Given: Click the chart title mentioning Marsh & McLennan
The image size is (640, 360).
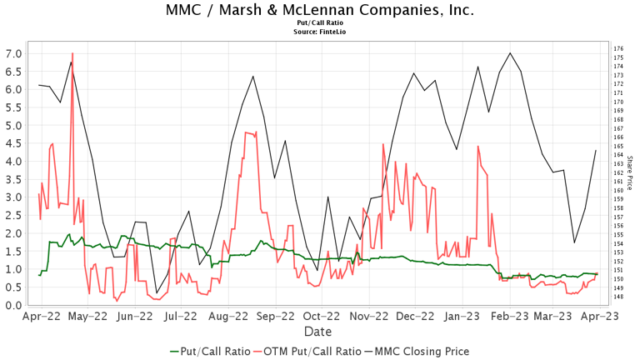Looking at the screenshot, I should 320,11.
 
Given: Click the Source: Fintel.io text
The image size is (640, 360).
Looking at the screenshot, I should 320,32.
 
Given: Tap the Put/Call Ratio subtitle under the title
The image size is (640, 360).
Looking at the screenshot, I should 320,24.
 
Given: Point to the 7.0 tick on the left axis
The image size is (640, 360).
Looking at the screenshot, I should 14,53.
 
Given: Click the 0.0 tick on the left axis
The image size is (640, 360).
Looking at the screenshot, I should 14,305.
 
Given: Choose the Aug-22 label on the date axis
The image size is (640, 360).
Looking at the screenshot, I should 230,317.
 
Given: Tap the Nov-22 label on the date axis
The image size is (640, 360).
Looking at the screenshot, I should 371,317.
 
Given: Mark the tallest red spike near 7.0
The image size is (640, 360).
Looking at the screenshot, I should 72,53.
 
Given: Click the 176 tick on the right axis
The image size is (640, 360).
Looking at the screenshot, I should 618,49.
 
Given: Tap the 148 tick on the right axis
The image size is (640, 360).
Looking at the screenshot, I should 618,296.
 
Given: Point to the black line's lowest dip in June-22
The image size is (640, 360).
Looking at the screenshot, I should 157,292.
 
